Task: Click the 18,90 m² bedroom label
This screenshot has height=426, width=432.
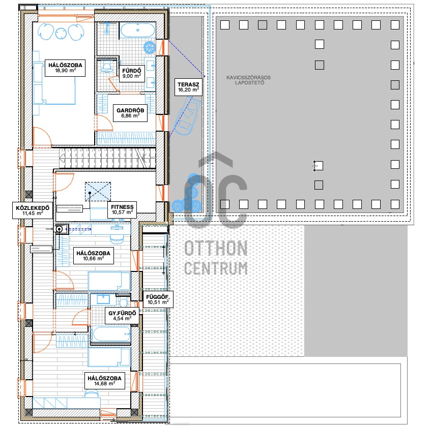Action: click(66, 68)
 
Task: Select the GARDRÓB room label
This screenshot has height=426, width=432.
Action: click(130, 113)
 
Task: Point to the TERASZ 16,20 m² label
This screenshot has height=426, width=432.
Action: click(188, 86)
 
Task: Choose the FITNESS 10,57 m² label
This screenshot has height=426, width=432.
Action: click(123, 209)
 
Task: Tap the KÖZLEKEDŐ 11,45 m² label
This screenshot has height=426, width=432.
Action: click(32, 210)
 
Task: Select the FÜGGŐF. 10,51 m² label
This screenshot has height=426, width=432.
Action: click(157, 299)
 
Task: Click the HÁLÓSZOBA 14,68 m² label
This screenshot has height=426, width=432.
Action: click(104, 381)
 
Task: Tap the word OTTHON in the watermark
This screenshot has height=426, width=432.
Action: click(216, 249)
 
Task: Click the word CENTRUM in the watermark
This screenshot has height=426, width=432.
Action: click(216, 268)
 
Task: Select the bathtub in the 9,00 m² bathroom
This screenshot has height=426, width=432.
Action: click(138, 30)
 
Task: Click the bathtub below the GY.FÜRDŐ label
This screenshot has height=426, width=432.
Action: click(110, 334)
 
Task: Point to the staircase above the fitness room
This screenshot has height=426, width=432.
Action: click(107, 158)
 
